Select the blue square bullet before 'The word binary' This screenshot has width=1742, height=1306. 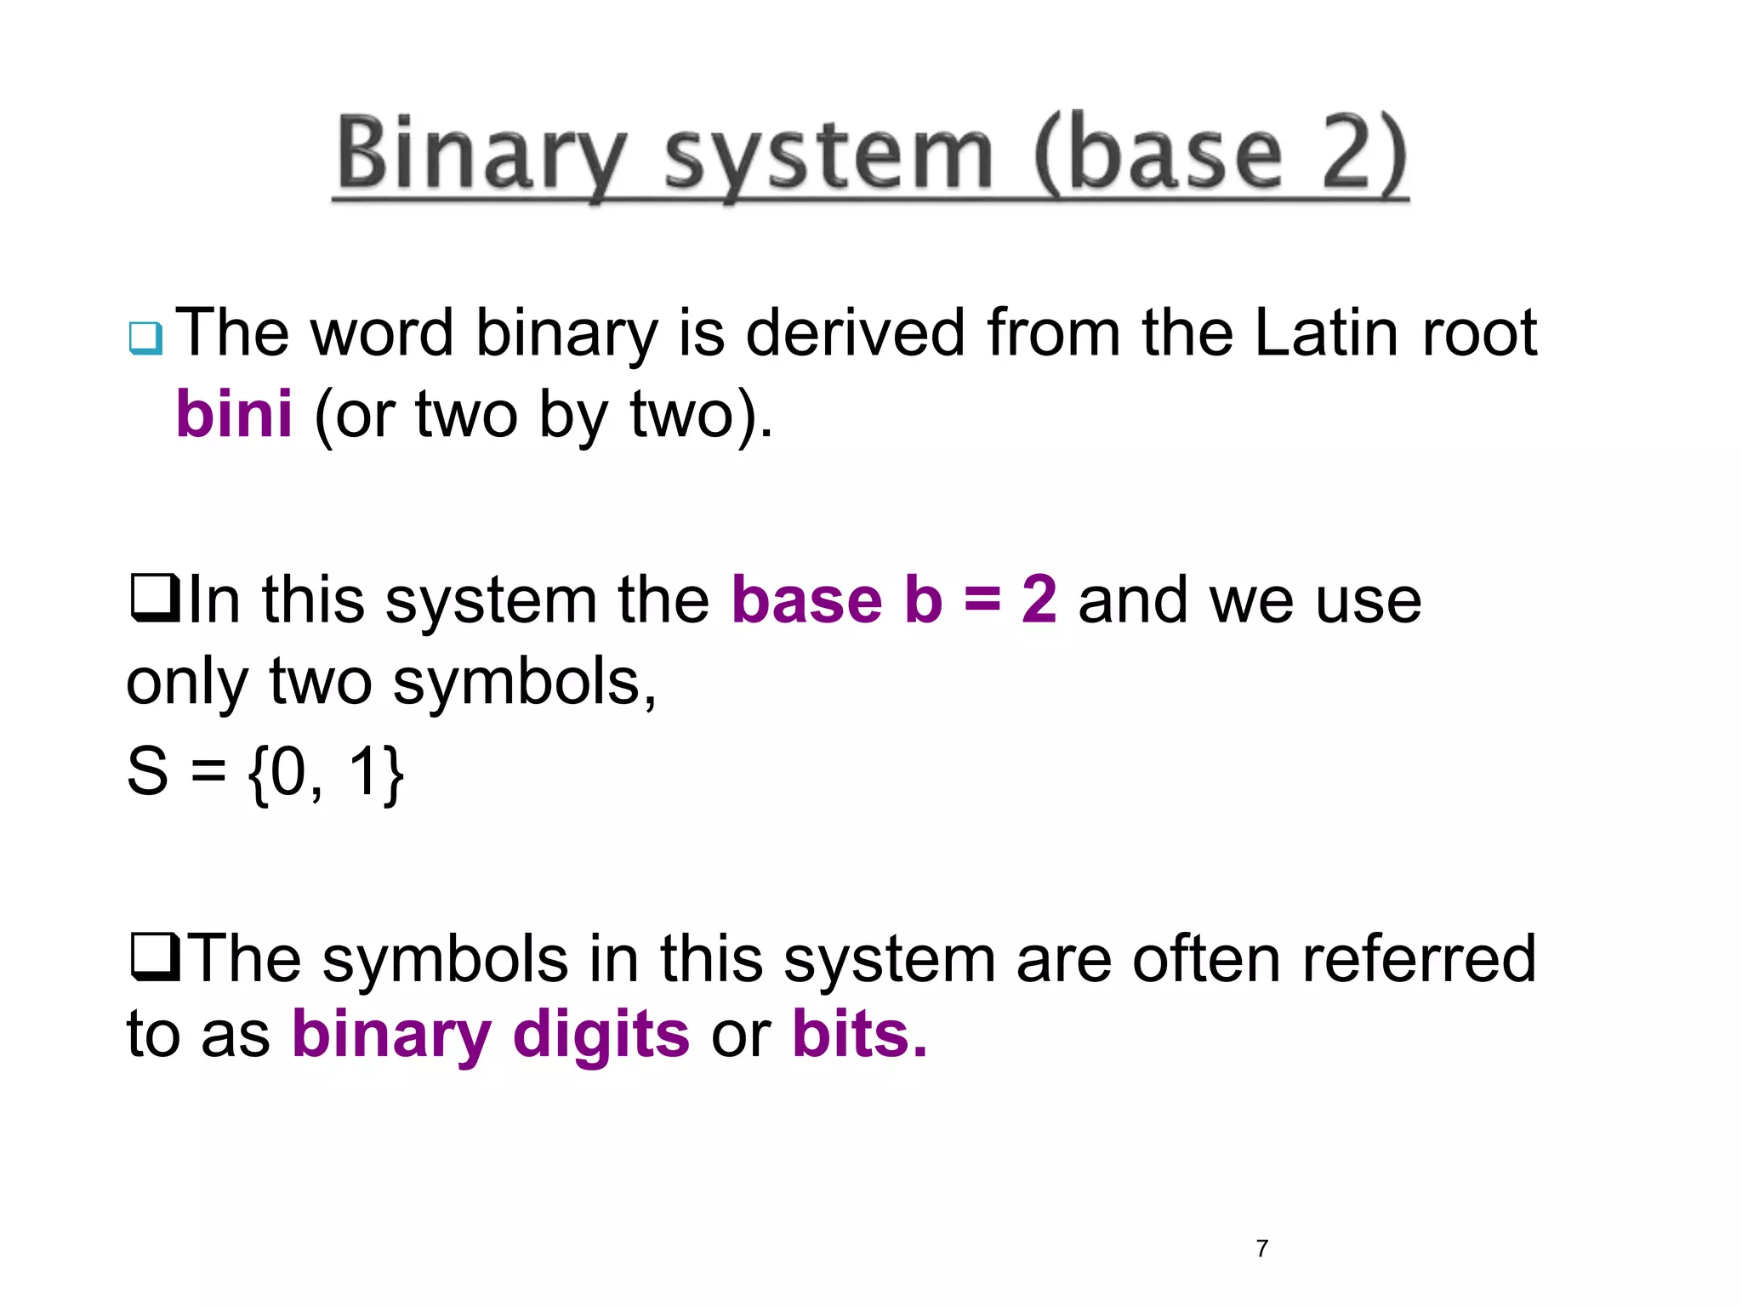tap(145, 338)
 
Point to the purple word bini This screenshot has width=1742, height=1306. tap(234, 415)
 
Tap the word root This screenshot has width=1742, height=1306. tap(1479, 332)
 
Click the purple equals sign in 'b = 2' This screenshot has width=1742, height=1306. tap(982, 599)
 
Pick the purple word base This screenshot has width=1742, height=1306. tap(807, 600)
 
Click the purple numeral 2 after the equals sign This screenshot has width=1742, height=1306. tap(1039, 600)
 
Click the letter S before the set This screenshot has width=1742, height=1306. tap(147, 771)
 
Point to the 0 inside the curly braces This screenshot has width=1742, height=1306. tap(288, 771)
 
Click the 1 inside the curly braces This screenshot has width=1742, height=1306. tap(363, 770)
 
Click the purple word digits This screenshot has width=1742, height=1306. tap(601, 1035)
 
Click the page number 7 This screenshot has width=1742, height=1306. tap(1261, 1248)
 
